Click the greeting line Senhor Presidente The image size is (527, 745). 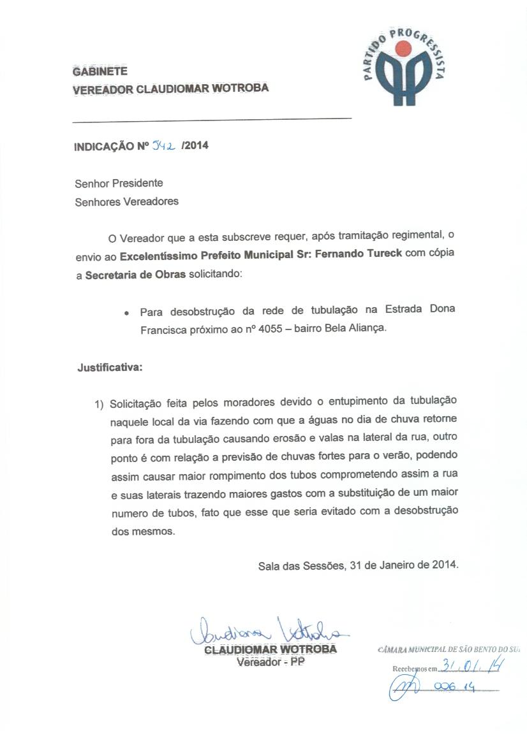(x=119, y=184)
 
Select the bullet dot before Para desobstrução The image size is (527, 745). (x=128, y=314)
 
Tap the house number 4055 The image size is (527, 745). (x=269, y=330)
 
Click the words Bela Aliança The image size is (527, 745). (x=364, y=330)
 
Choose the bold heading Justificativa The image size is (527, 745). (x=110, y=368)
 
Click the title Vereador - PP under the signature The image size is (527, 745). (x=271, y=662)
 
